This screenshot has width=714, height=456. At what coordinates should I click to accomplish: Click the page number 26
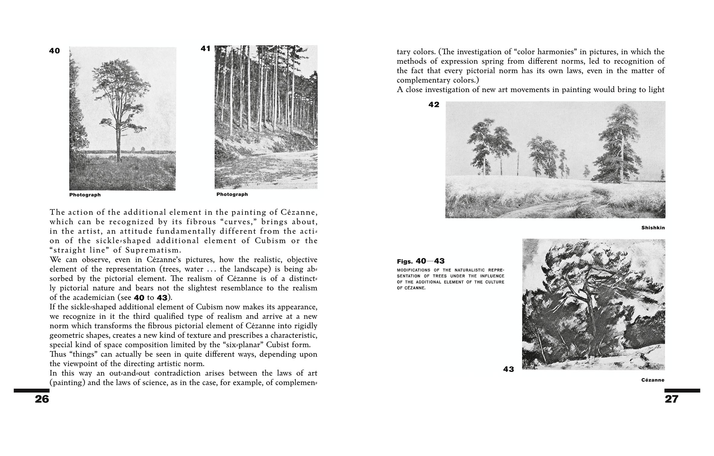click(42, 399)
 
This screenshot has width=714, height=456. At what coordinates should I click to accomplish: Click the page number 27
click(671, 399)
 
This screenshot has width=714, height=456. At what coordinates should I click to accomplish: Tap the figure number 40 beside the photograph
click(54, 51)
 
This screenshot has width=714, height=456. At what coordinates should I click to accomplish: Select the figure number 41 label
click(206, 48)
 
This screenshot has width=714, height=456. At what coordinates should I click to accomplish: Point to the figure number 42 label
click(434, 105)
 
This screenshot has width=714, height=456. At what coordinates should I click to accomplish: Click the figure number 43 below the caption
click(508, 369)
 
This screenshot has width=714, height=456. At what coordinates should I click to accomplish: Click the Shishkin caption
click(653, 228)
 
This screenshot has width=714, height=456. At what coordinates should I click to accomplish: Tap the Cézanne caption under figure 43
click(653, 380)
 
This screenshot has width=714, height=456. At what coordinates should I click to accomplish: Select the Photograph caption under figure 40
click(85, 195)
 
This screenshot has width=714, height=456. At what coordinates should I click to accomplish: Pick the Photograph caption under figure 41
click(232, 194)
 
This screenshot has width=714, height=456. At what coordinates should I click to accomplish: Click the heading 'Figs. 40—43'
click(420, 261)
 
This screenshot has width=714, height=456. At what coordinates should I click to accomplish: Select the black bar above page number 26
click(31, 390)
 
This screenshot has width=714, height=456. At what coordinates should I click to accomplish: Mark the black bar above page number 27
click(682, 390)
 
